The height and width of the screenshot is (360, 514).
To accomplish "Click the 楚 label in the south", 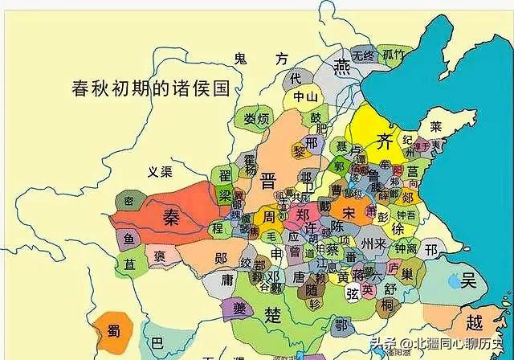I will point(274,315).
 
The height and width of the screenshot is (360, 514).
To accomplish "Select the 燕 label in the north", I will point(343,65).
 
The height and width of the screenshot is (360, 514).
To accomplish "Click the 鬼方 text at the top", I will point(260,59).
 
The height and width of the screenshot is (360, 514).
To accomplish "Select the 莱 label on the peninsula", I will point(434,127).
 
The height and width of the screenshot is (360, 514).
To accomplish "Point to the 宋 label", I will point(348,214).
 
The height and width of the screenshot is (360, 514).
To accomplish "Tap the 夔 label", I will point(218,310).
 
